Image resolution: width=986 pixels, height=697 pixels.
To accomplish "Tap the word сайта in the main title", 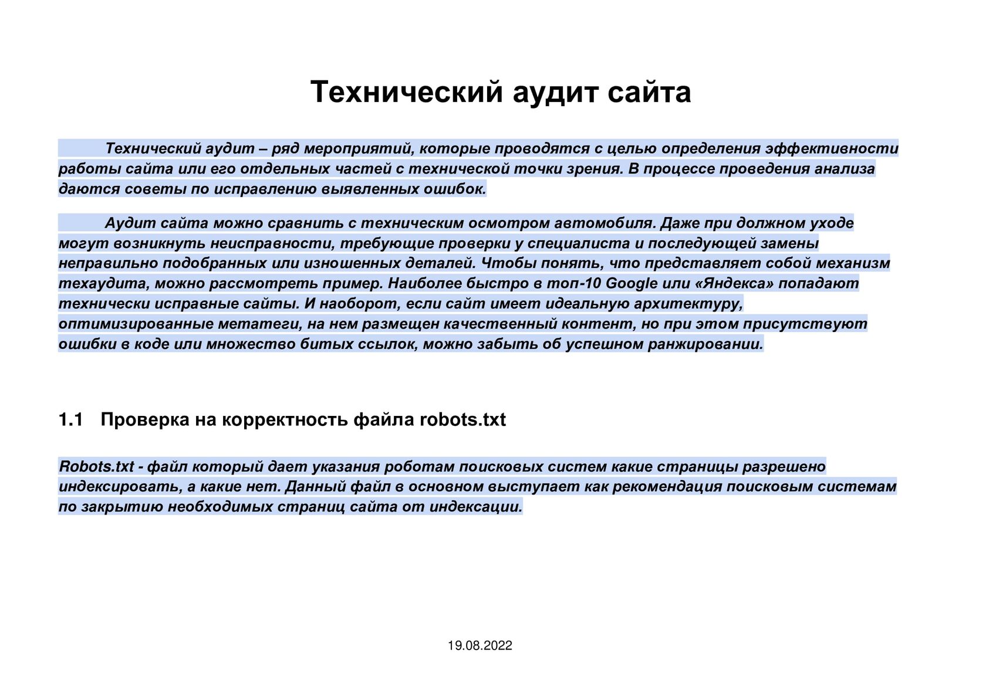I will [x=649, y=92].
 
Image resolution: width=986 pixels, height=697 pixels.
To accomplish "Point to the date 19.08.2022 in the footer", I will [x=480, y=645].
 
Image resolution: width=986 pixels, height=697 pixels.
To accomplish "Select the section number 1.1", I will [x=70, y=419].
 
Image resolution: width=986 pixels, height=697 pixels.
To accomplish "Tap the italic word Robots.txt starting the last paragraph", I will [x=97, y=466].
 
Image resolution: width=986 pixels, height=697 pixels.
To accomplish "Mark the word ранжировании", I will [x=705, y=344].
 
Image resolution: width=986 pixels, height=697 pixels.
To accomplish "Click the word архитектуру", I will [x=688, y=304].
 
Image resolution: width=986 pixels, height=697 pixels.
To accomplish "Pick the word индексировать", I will [x=120, y=486].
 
